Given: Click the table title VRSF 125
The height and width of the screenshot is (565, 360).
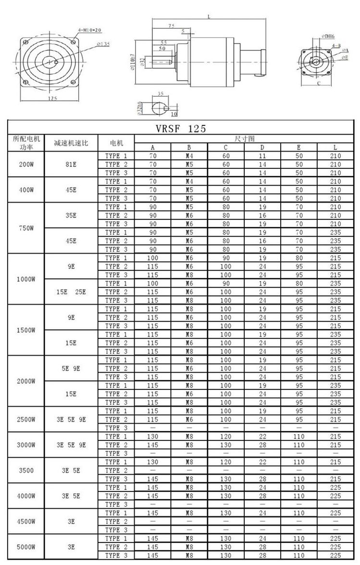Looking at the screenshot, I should click(181, 128).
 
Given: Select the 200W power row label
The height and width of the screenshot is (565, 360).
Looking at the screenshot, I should click(26, 164).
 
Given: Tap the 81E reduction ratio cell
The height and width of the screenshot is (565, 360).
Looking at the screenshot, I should click(71, 164).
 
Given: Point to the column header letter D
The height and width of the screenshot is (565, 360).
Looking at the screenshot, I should click(262, 148).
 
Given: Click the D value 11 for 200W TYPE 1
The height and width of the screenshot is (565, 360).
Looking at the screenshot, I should click(262, 156).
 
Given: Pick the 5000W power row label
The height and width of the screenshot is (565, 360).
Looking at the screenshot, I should click(26, 547).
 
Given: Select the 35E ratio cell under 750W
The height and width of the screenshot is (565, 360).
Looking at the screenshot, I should click(71, 215).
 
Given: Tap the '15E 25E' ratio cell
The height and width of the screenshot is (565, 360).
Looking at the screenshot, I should click(71, 292).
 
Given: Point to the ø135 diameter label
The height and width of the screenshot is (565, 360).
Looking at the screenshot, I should click(103, 44).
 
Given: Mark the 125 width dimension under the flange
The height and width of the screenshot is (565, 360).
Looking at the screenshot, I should click(52, 99).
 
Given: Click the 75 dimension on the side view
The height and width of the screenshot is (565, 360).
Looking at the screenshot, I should click(172, 25).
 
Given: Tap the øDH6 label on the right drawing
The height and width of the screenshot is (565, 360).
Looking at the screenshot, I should click(328, 36).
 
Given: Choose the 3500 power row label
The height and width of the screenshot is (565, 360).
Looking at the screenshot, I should click(26, 470).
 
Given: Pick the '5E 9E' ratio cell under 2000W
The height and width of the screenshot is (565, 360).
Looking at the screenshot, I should click(71, 368).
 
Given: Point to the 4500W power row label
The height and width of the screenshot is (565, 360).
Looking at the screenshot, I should click(26, 521).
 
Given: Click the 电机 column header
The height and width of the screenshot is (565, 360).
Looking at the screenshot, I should click(116, 143).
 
